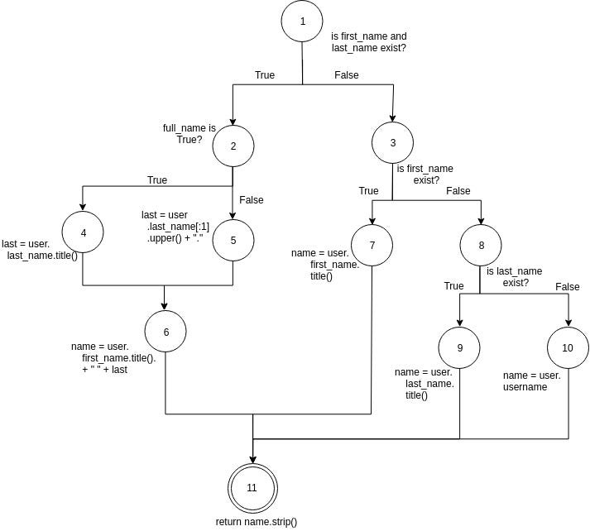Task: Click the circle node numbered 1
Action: point(302,22)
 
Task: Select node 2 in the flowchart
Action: point(233,146)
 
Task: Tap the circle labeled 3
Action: point(392,142)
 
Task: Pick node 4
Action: point(83,233)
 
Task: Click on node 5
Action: point(233,241)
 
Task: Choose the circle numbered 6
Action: point(165,332)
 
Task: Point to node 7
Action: point(372,246)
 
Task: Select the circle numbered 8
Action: point(481,246)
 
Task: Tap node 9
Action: point(459,348)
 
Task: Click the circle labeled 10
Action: point(568,347)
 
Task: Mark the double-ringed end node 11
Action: point(252,487)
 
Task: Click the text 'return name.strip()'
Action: point(256,522)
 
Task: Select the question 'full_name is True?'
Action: point(189,134)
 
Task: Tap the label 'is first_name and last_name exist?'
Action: point(369,43)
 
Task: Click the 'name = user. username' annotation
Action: point(531,380)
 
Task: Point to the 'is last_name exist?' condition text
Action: point(515,277)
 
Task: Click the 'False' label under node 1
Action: point(347,75)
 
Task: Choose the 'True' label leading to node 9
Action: point(453,286)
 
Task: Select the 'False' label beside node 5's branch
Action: point(252,200)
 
